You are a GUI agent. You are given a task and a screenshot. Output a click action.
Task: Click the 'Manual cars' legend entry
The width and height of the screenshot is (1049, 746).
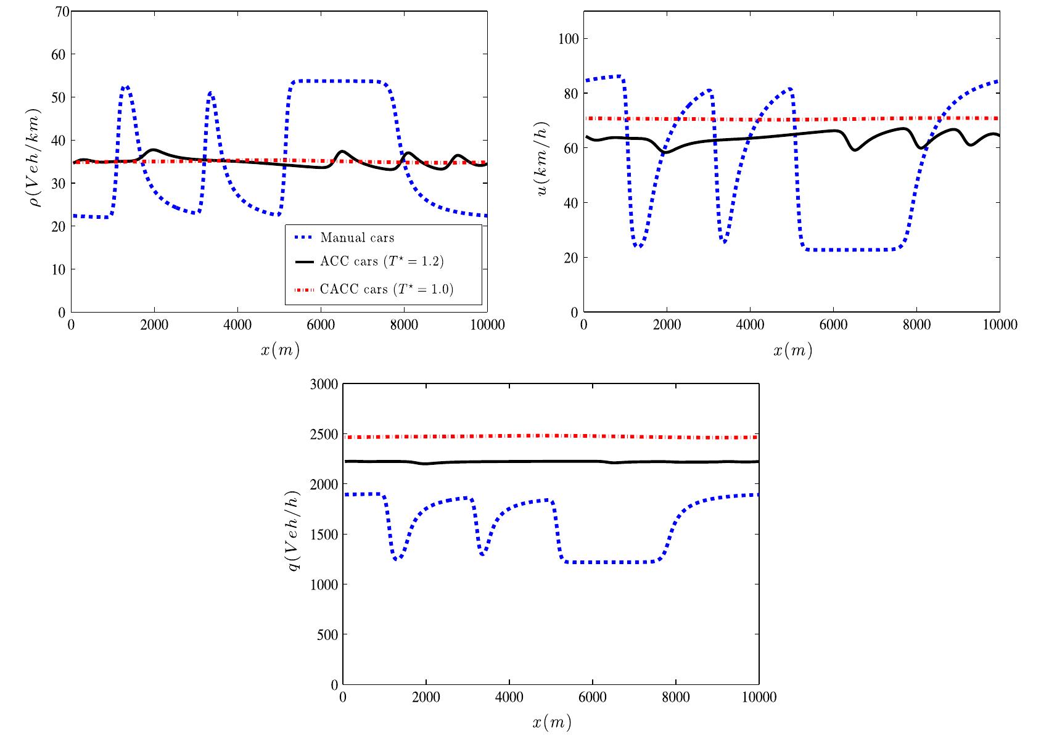[357, 238]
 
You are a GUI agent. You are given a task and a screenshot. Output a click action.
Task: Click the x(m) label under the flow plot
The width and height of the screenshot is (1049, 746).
[551, 723]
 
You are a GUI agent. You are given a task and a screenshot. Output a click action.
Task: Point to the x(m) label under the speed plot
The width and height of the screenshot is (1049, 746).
[792, 351]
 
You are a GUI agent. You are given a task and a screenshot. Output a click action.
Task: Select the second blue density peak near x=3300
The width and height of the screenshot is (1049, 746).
[210, 93]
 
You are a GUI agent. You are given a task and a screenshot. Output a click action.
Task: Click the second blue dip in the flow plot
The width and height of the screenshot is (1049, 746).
[482, 554]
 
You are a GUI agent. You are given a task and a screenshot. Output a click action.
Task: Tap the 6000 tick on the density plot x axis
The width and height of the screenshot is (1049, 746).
[321, 325]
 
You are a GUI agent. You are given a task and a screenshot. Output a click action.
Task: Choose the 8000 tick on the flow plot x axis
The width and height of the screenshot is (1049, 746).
[675, 697]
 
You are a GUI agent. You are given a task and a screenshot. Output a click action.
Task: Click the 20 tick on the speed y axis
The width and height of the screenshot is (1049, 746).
[571, 258]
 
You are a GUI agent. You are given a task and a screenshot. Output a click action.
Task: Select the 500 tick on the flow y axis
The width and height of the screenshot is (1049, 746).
[328, 634]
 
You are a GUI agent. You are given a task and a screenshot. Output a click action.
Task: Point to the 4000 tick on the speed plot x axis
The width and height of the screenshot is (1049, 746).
[750, 325]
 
